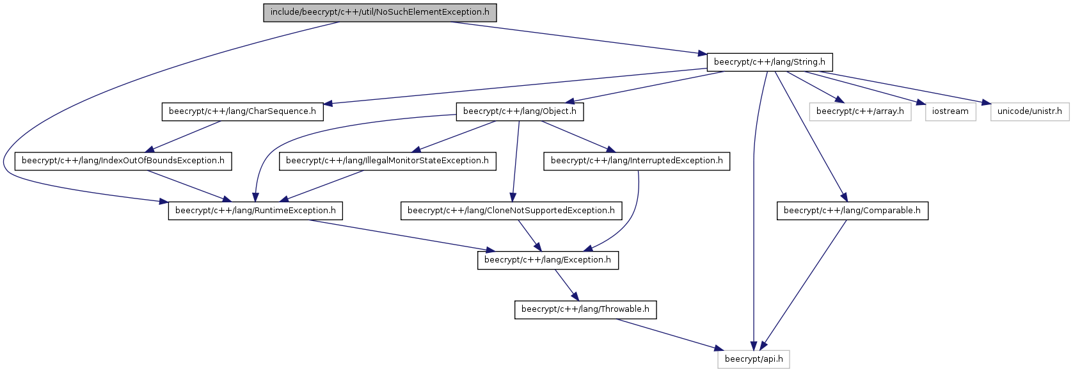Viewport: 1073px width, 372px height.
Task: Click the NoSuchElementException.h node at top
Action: [x=380, y=12]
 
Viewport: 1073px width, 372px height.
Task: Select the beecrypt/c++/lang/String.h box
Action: [x=769, y=62]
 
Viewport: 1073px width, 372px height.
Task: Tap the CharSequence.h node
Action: [x=242, y=111]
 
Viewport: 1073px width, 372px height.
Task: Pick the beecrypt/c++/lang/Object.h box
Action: [x=520, y=111]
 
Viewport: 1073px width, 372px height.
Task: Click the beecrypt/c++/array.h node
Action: [x=860, y=111]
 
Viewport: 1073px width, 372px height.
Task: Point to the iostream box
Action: [x=950, y=111]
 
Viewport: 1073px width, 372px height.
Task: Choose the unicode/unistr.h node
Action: [x=1029, y=111]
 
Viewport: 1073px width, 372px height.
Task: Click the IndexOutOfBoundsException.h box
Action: [x=123, y=161]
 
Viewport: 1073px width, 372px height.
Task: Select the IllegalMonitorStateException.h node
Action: [x=387, y=161]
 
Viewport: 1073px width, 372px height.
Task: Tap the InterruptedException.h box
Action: [x=637, y=161]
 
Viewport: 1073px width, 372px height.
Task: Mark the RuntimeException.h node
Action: [x=255, y=211]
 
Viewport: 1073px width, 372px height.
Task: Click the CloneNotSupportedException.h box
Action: [x=511, y=211]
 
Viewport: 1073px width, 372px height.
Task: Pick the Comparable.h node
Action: [x=852, y=211]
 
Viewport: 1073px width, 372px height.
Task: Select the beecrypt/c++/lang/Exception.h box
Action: [x=548, y=261]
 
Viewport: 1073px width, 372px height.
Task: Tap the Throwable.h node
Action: [x=585, y=310]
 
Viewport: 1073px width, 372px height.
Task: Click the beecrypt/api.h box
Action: [x=754, y=360]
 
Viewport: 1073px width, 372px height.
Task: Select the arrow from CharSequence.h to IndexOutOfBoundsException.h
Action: [x=182, y=136]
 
